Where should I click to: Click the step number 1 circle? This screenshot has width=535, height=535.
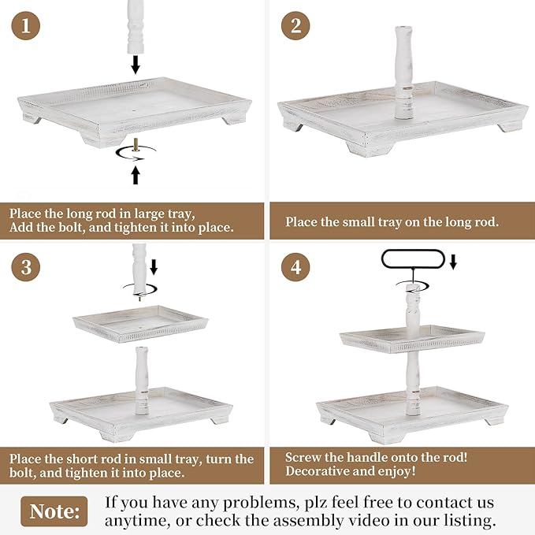tap(25, 25)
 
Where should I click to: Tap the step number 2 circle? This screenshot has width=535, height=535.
tap(295, 25)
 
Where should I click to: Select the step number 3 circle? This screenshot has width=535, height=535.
tap(25, 267)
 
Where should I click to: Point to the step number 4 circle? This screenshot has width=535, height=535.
tap(295, 267)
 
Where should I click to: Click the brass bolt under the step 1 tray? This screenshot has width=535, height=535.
tap(136, 145)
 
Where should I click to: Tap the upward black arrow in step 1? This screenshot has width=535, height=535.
tap(136, 175)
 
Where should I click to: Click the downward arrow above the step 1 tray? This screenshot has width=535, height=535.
tap(136, 65)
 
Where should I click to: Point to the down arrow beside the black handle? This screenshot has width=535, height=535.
tap(453, 262)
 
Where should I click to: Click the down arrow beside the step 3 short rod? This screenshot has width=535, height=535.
tap(154, 267)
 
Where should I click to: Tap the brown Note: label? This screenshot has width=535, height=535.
tap(54, 511)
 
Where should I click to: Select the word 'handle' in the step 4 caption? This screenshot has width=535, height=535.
tap(370, 457)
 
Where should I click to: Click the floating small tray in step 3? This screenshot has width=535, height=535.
tap(140, 324)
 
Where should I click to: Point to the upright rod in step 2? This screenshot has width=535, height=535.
tap(404, 72)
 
